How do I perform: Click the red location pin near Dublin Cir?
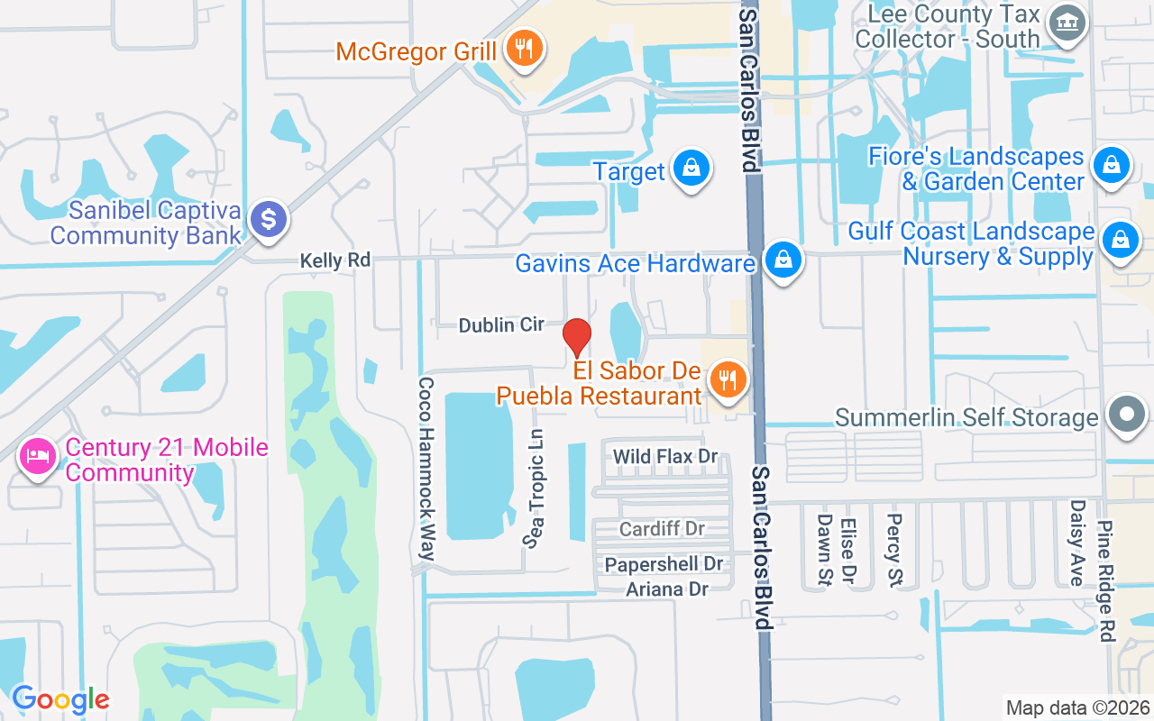(x=577, y=337)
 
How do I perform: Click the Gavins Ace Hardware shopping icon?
(x=783, y=260)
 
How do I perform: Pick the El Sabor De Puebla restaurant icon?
(x=727, y=379)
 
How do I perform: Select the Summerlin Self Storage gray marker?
(x=1126, y=415)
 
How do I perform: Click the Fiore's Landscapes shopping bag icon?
(x=1112, y=166)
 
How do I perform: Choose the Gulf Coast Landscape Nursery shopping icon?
(x=1120, y=241)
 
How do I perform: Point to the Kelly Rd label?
(x=334, y=260)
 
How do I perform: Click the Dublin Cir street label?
(x=501, y=324)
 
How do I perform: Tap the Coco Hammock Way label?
(x=426, y=469)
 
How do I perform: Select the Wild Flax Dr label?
(x=665, y=457)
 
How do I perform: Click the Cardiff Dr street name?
(x=662, y=528)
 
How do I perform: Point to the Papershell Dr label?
(x=664, y=564)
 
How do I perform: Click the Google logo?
(x=60, y=698)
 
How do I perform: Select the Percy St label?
(x=894, y=550)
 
